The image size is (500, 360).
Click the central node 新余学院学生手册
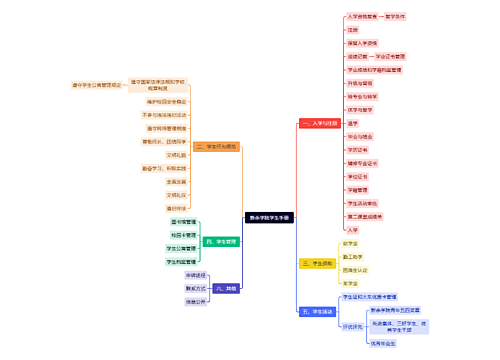(x=269, y=216)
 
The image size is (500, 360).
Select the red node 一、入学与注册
(x=320, y=123)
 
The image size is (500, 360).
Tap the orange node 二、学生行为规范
(x=216, y=146)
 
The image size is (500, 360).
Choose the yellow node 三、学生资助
(x=316, y=264)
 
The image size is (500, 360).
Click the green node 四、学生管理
(x=220, y=242)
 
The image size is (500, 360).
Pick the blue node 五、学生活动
(x=316, y=312)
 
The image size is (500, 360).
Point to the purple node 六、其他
(x=226, y=288)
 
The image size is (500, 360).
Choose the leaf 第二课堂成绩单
(x=365, y=216)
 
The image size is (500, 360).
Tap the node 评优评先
(x=352, y=326)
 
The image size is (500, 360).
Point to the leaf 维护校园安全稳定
(x=166, y=102)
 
